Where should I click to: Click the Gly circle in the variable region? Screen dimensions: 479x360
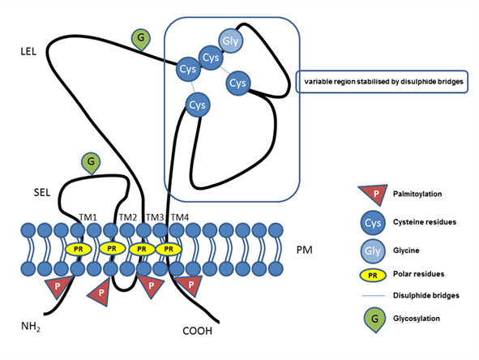tap(231, 41)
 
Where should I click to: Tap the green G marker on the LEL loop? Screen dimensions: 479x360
tap(141, 39)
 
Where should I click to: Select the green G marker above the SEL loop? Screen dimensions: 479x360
tap(91, 163)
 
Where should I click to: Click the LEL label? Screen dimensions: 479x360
tap(28, 52)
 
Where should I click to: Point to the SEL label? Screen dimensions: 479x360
tap(42, 192)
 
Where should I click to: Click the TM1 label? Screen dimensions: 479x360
tap(88, 217)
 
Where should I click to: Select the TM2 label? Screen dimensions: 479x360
tap(128, 217)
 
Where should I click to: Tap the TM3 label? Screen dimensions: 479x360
tap(155, 217)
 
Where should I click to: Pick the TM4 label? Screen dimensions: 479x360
tap(180, 217)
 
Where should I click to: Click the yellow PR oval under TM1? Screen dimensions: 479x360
tap(78, 250)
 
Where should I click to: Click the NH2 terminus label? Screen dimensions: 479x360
tap(31, 327)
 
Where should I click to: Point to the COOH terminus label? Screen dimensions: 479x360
tap(197, 331)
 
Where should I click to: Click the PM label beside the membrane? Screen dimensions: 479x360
tap(304, 250)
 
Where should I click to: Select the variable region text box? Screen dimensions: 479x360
tap(382, 82)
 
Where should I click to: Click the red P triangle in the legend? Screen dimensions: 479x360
tap(374, 195)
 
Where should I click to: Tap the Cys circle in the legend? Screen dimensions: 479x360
tap(373, 223)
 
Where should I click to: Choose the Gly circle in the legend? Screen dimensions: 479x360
tap(373, 251)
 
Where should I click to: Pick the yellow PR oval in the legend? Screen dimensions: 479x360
tap(373, 276)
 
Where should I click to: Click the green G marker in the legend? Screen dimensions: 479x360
tap(374, 320)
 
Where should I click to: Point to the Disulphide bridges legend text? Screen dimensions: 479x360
tap(426, 295)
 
